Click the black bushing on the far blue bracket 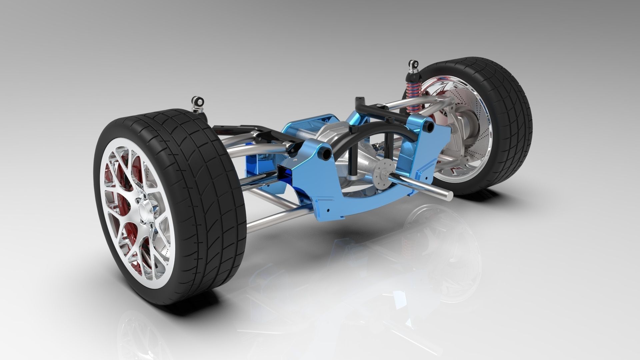click(x=429, y=126)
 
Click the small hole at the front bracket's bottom click(x=328, y=210)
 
